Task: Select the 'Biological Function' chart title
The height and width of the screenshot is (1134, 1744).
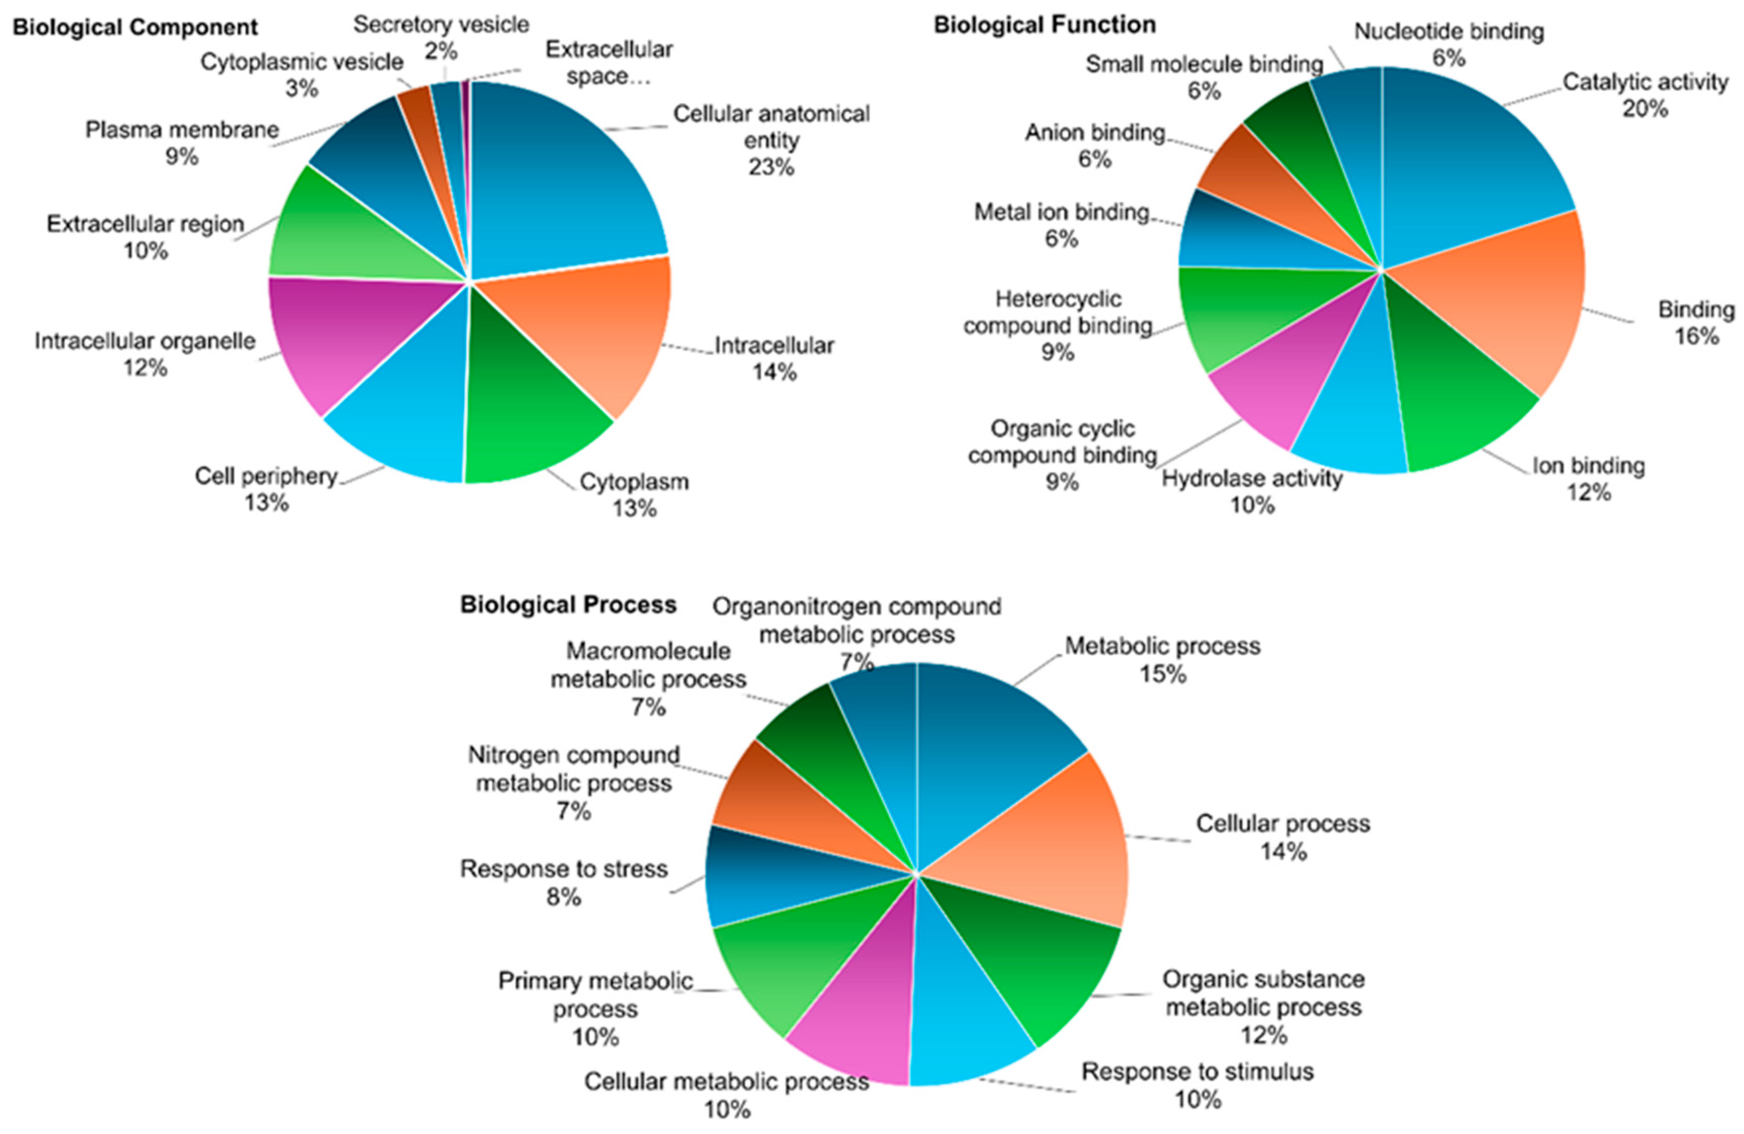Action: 1044,25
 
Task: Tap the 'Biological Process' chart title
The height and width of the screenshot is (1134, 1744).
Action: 568,605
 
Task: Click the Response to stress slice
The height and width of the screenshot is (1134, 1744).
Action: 777,879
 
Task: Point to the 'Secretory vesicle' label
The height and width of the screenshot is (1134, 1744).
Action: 441,25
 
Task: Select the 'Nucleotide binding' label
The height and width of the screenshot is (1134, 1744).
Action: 1449,31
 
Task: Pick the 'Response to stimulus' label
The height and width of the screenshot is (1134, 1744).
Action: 1198,1072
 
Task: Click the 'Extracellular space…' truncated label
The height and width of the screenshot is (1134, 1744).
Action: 608,63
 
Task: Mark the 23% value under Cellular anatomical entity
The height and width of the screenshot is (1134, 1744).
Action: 771,167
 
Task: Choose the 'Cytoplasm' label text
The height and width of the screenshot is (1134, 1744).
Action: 634,482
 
